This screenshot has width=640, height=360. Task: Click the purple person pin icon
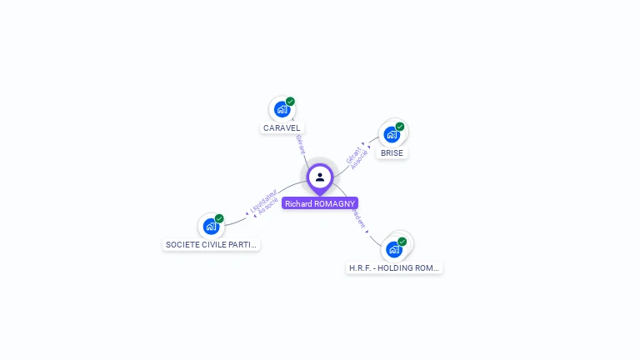click(320, 177)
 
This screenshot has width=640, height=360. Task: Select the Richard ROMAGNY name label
click(320, 203)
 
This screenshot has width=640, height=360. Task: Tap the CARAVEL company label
click(282, 128)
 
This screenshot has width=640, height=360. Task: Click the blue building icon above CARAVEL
click(282, 109)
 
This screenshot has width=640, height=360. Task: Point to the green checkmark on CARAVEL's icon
click(290, 102)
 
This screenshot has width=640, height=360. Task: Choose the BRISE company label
click(392, 153)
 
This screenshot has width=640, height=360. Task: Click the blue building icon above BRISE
click(392, 134)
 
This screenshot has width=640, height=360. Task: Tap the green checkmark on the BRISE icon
click(400, 127)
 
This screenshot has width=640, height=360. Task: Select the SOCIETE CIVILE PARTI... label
click(212, 245)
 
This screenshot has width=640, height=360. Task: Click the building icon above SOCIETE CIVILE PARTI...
click(211, 226)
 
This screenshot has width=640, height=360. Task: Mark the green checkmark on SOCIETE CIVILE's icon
click(219, 218)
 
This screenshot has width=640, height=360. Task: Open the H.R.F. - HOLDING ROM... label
click(394, 268)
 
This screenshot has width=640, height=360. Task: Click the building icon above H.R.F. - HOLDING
click(393, 249)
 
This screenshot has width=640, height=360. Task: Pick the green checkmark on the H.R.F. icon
click(402, 242)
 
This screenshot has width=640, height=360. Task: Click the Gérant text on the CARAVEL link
click(300, 143)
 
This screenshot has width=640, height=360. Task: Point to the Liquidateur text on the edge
click(263, 201)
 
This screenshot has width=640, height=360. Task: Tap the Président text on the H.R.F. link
click(357, 217)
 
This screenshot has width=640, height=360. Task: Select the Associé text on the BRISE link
click(359, 160)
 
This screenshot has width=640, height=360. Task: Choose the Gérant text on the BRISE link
click(353, 154)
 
